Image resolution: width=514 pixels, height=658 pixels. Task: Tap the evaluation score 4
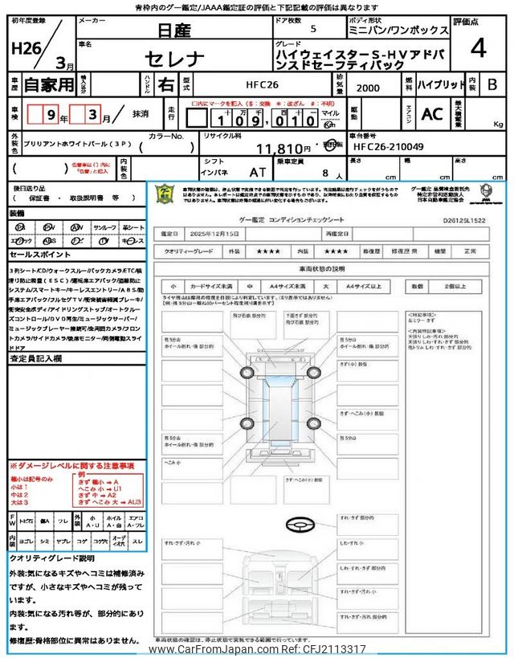click(x=478, y=49)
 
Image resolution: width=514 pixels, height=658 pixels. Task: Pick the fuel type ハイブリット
click(x=440, y=84)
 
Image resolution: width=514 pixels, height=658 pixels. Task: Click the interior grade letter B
click(x=492, y=84)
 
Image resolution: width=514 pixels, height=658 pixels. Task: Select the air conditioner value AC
click(x=431, y=114)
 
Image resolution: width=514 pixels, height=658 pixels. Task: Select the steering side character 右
click(x=165, y=84)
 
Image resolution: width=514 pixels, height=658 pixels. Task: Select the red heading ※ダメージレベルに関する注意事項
click(x=72, y=466)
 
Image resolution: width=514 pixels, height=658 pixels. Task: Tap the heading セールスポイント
click(x=37, y=253)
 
